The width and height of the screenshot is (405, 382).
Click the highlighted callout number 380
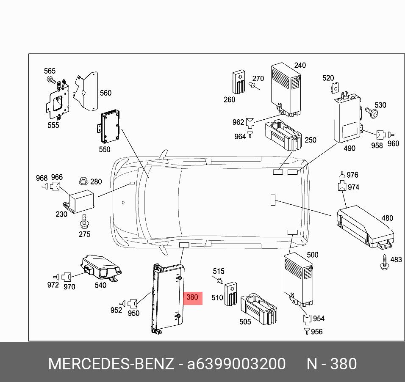pyautogui.click(x=192, y=297)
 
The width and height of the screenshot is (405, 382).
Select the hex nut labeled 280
pyautogui.click(x=83, y=181)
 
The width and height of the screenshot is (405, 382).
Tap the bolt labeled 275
pyautogui.click(x=84, y=220)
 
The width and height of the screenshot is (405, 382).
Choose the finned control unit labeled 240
pyautogui.click(x=286, y=89)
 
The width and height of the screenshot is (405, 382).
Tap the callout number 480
pyautogui.click(x=387, y=218)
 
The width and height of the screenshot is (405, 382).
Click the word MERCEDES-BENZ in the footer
pyautogui.click(x=111, y=363)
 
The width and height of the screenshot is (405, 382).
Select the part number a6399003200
pyautogui.click(x=236, y=363)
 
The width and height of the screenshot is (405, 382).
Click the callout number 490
pyautogui.click(x=350, y=148)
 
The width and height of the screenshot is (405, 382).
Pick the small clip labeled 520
pyautogui.click(x=334, y=87)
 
